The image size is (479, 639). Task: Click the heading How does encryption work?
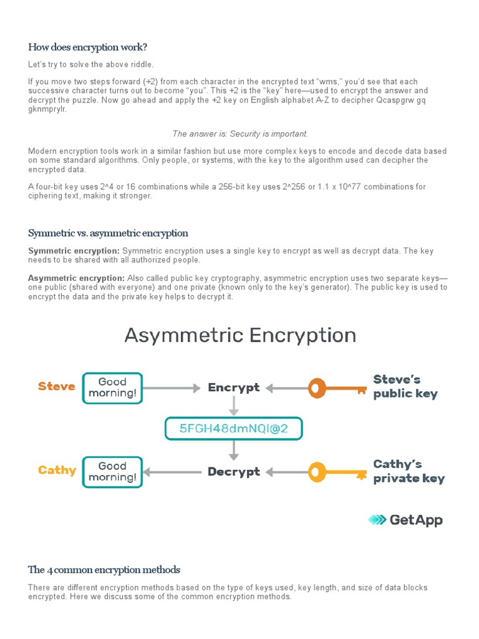[87, 47]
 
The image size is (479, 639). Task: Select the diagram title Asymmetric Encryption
[240, 335]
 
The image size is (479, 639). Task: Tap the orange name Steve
[57, 386]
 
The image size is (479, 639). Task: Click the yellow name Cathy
[57, 470]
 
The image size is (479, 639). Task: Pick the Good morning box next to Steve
[112, 388]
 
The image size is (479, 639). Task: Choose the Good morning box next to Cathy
[112, 472]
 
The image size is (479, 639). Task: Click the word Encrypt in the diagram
[234, 388]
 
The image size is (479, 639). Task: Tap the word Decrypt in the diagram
[234, 472]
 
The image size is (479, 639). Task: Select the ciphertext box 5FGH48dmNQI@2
[233, 429]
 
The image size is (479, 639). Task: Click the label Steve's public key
[405, 386]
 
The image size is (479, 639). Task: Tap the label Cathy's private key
[409, 471]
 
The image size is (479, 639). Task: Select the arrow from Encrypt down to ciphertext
[234, 406]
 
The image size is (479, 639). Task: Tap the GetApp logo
[405, 519]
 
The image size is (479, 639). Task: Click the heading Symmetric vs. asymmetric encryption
[108, 233]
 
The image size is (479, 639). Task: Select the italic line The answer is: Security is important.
[240, 134]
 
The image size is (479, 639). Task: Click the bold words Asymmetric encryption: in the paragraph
[76, 278]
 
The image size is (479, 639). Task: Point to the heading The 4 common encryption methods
[104, 569]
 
